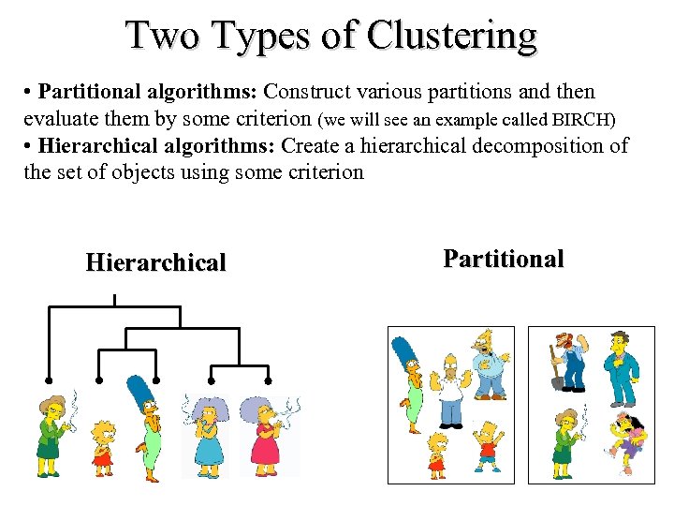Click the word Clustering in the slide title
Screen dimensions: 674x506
point(453,36)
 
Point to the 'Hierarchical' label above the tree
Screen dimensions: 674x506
point(155,262)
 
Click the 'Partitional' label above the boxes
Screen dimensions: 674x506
point(504,259)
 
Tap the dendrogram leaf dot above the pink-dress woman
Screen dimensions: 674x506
point(269,380)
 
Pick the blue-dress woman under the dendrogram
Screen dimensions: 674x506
point(207,436)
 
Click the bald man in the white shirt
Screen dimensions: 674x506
point(450,388)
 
